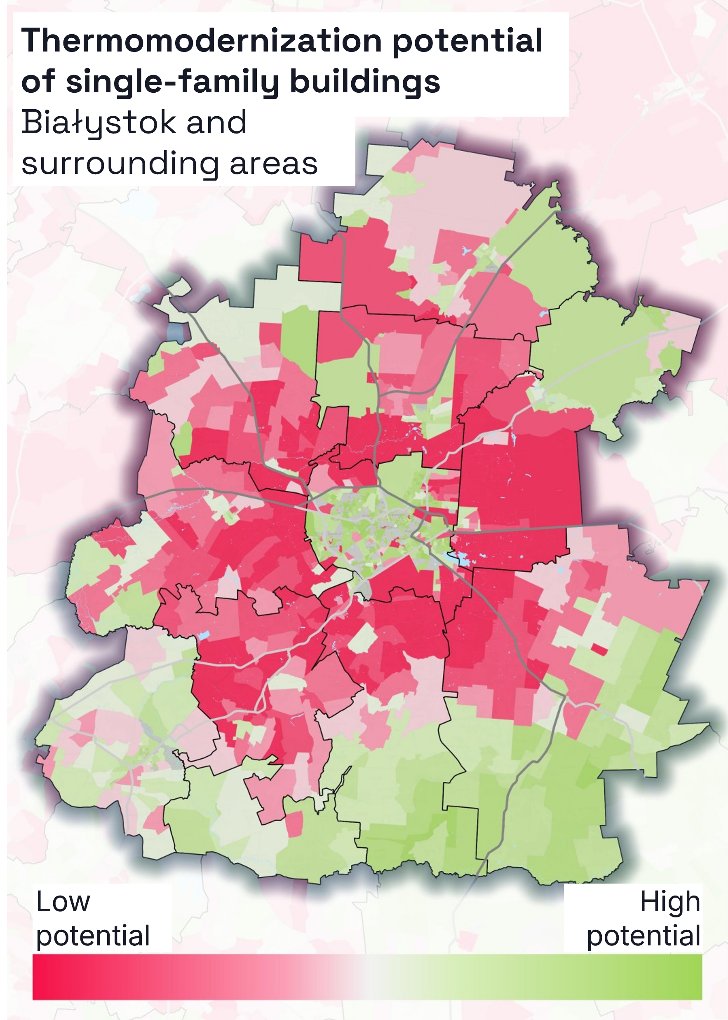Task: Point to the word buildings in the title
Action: tap(365, 82)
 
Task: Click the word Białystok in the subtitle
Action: tap(99, 123)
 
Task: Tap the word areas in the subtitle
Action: tap(273, 164)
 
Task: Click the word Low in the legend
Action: tap(63, 901)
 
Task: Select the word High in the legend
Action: tap(670, 902)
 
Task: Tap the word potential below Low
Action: tap(93, 936)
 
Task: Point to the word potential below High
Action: tap(643, 936)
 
